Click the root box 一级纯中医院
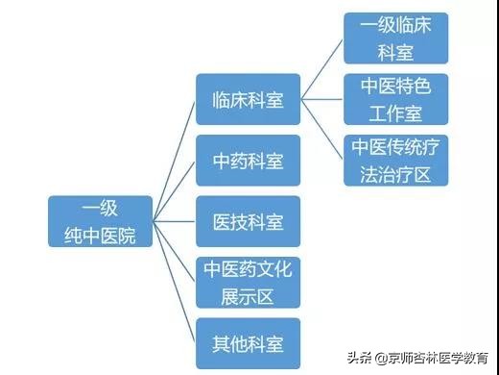click(100, 221)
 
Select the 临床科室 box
click(248, 99)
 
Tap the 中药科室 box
click(248, 160)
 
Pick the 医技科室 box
click(248, 221)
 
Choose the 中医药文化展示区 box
click(248, 282)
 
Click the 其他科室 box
click(248, 342)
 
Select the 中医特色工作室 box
click(395, 99)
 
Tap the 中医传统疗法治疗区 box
click(395, 160)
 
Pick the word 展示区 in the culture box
click(248, 294)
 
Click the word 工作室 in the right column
click(395, 112)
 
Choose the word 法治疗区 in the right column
click(395, 173)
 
